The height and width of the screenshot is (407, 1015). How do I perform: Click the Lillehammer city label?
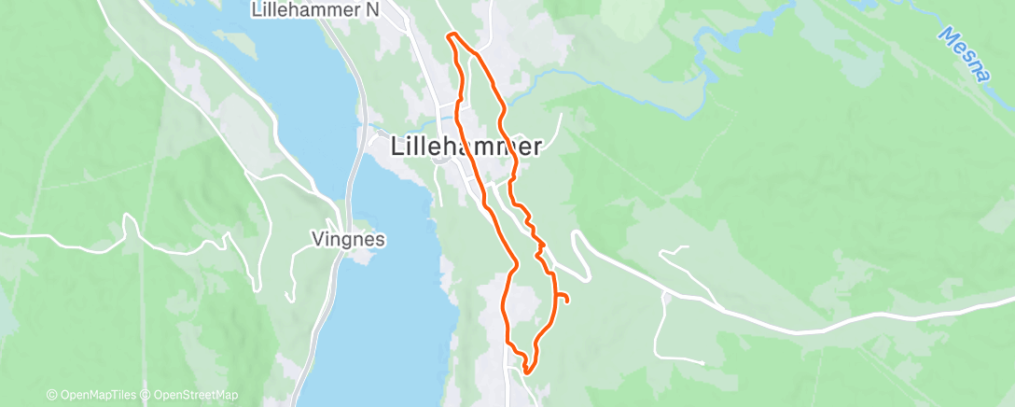coord(466,147)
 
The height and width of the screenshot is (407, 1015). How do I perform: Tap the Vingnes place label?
coord(348,240)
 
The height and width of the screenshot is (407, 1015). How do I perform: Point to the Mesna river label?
coord(964,54)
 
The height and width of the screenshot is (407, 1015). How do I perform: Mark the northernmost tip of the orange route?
coord(452,35)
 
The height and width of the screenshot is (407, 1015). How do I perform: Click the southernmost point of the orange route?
coord(527,372)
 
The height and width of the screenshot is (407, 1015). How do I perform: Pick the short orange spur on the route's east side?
coord(563,298)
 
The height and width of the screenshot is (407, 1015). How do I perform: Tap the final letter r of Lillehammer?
coord(537,147)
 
